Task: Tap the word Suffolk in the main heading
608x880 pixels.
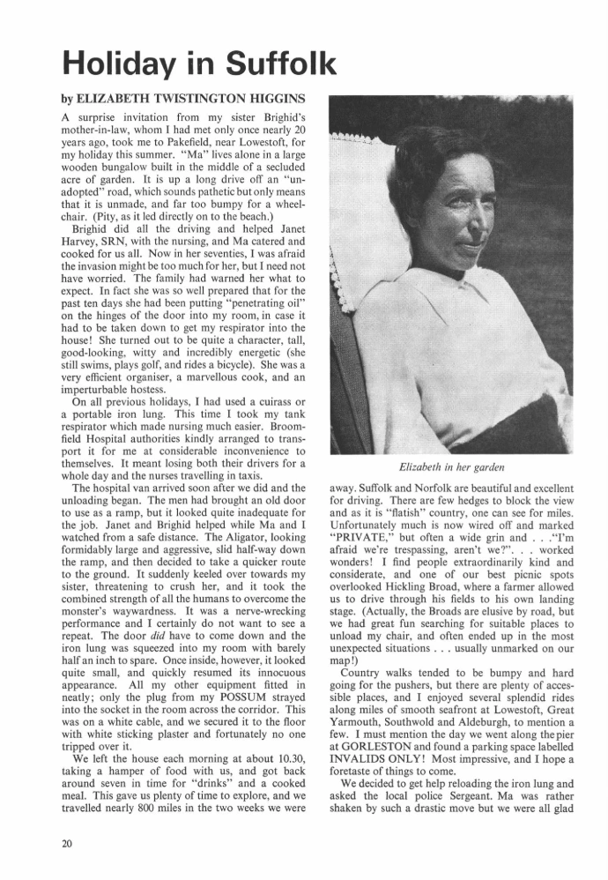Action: pyautogui.click(x=279, y=63)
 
